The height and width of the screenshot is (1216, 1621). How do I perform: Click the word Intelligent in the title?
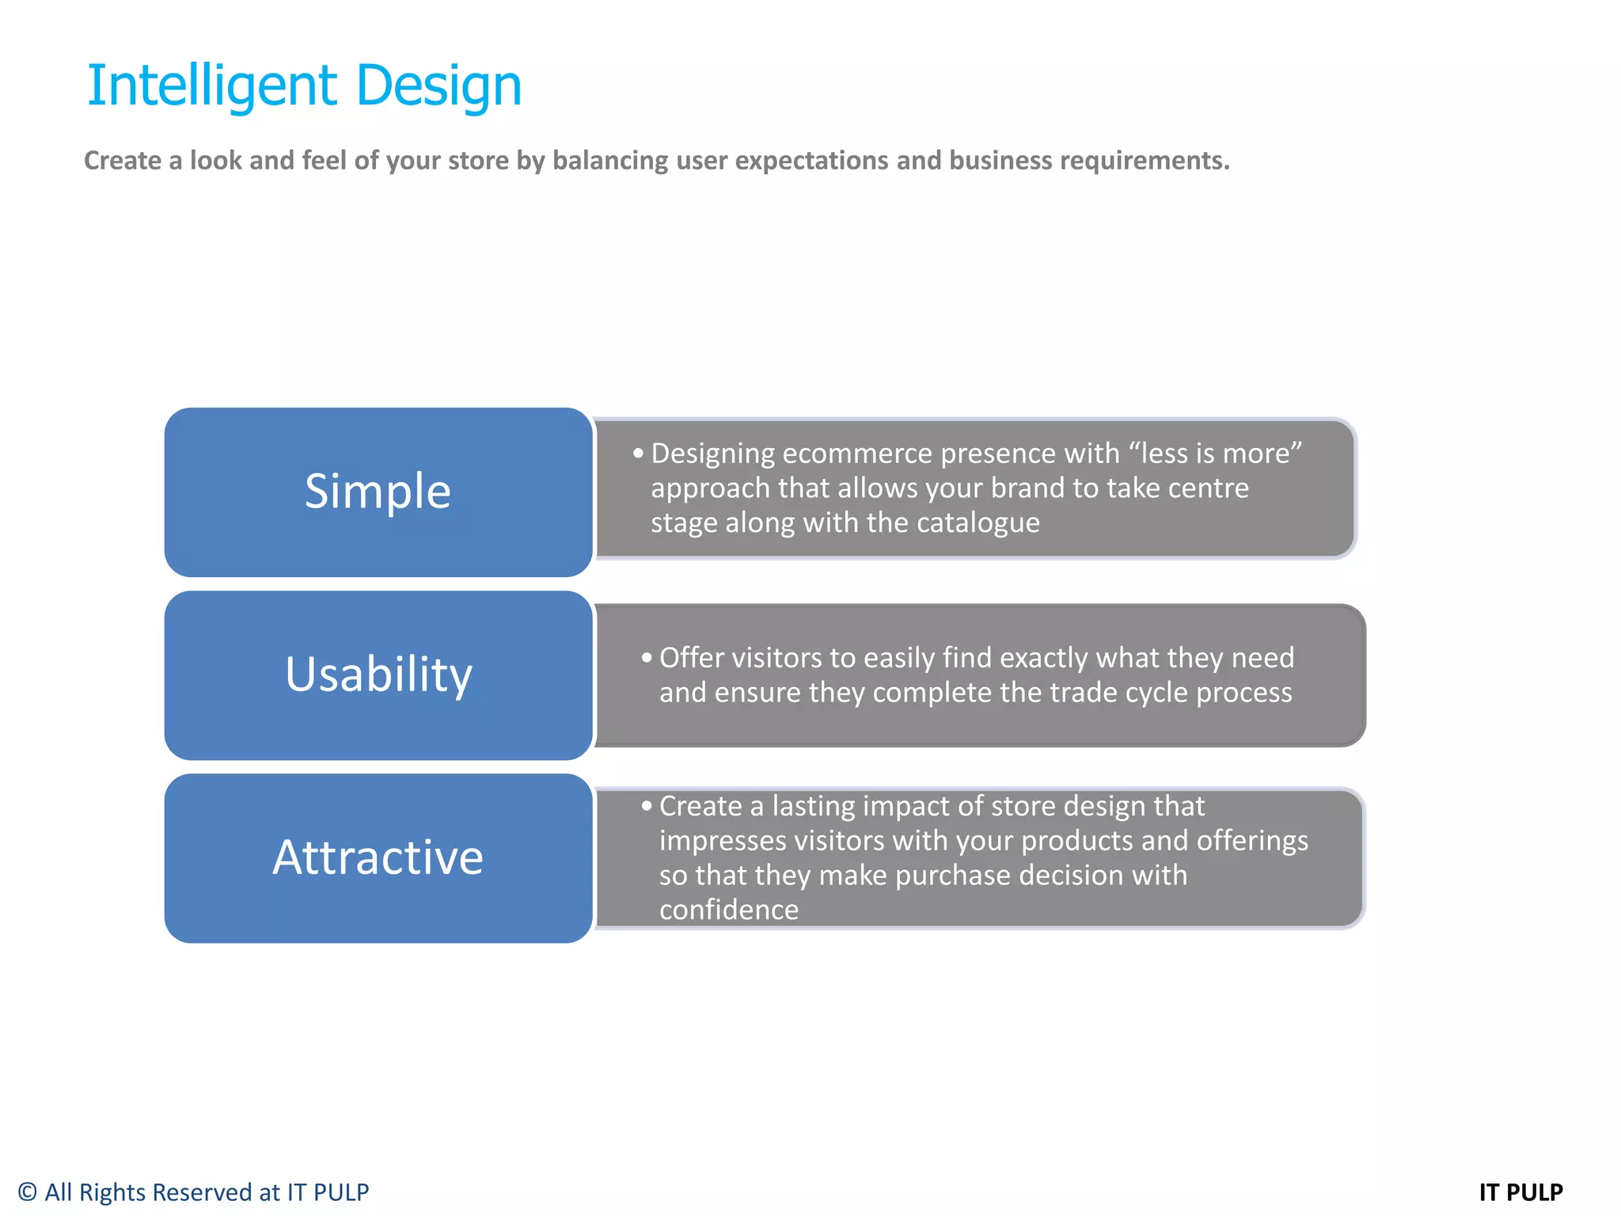click(x=212, y=85)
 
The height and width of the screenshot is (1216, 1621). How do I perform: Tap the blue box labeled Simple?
click(x=378, y=492)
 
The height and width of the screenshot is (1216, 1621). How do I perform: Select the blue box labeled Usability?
click(x=378, y=674)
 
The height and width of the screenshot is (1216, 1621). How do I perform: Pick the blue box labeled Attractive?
click(x=378, y=857)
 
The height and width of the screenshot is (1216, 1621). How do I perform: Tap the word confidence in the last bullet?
click(x=729, y=910)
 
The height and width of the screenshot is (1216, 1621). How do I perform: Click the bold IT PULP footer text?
click(x=1520, y=1192)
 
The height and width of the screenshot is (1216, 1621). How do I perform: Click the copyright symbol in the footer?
click(x=28, y=1192)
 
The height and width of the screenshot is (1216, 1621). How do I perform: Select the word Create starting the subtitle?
click(x=123, y=161)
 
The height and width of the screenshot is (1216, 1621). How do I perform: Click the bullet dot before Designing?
click(x=638, y=454)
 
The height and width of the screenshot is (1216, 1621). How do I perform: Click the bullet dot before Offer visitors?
click(x=647, y=658)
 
